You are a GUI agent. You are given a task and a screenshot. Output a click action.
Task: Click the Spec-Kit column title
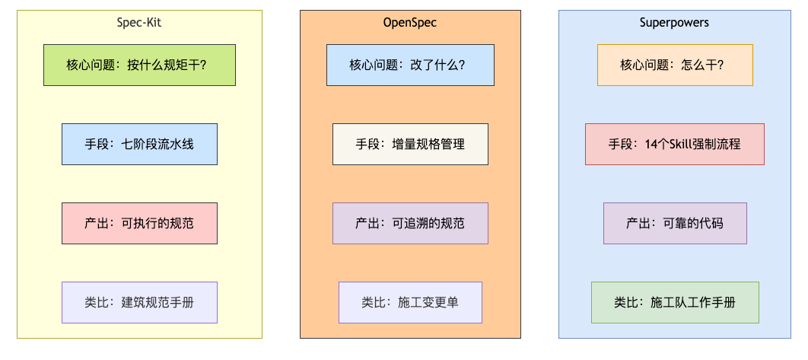[x=139, y=23]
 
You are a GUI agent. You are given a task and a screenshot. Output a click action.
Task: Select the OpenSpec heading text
[x=410, y=23]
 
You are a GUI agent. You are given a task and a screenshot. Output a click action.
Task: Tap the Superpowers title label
[x=675, y=23]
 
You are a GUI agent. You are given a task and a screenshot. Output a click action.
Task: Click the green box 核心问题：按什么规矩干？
[x=140, y=65]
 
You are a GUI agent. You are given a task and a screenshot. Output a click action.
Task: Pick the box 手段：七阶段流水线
[x=140, y=144]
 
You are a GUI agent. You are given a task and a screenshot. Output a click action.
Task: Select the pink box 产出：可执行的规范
[x=140, y=223]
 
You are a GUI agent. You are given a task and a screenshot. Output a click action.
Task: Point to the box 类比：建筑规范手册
[x=140, y=302]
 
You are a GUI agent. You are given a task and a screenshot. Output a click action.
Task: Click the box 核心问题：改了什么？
[x=410, y=65]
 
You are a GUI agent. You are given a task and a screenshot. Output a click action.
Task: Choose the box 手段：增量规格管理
[x=410, y=144]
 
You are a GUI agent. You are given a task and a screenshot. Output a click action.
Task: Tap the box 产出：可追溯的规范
[x=410, y=223]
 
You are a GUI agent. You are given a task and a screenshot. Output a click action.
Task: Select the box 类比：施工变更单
[x=410, y=302]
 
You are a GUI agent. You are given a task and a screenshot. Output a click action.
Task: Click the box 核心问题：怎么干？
[x=675, y=65]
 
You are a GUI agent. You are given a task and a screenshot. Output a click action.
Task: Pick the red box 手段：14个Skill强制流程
[x=675, y=144]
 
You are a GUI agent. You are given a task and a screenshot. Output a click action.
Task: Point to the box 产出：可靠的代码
[x=675, y=223]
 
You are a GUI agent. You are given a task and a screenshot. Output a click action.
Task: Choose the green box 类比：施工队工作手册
[x=675, y=302]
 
